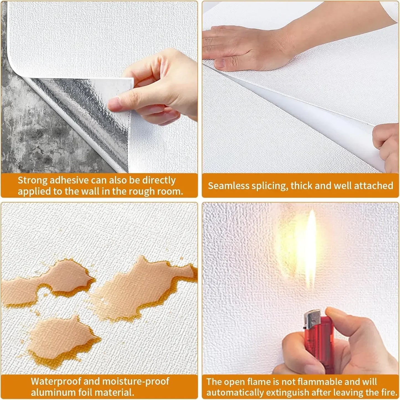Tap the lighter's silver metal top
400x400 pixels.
[x=313, y=318]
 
